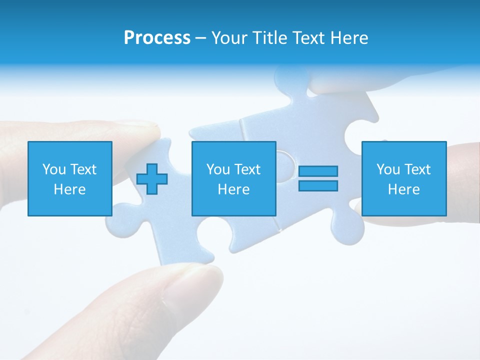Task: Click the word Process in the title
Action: click(x=157, y=38)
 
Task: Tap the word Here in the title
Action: click(x=350, y=38)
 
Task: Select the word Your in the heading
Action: click(x=230, y=38)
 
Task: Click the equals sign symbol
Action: click(x=318, y=178)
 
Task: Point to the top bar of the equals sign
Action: click(x=318, y=171)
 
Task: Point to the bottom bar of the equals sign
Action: click(x=318, y=185)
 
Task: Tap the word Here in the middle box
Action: click(x=233, y=189)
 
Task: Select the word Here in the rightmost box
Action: click(x=404, y=189)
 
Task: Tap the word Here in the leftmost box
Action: click(x=70, y=189)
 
